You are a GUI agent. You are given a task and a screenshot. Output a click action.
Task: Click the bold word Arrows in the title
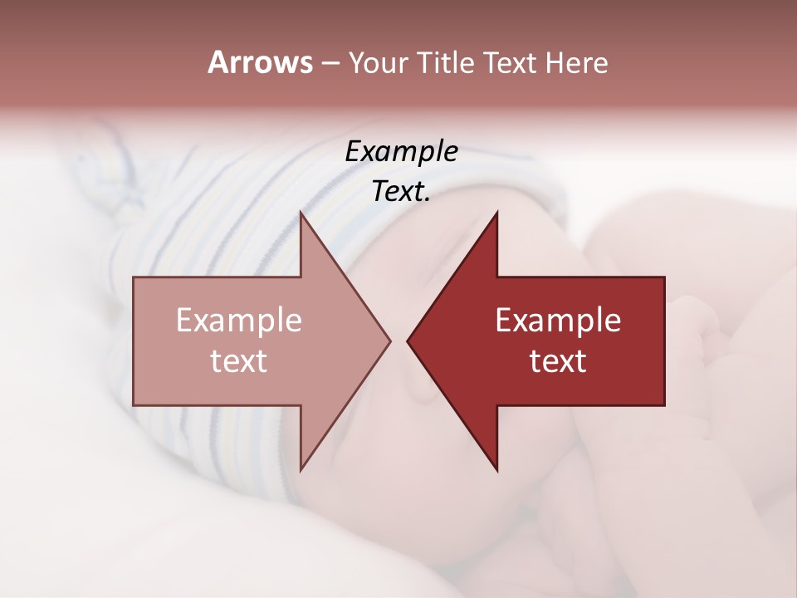pos(260,62)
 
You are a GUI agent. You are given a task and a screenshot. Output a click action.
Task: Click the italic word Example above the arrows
pos(401,152)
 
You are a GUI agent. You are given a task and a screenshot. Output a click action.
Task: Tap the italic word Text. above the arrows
pos(401,192)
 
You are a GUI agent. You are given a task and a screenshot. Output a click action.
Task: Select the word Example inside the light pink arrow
pos(239,321)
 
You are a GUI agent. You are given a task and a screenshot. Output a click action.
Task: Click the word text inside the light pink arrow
pos(239,361)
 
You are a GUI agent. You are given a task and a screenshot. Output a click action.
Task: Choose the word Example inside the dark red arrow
pos(558,321)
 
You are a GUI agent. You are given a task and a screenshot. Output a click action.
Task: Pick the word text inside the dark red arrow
pos(558,361)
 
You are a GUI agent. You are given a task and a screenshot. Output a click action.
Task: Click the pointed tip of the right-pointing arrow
pos(390,341)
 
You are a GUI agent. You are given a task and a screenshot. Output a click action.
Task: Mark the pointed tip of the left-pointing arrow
pos(408,341)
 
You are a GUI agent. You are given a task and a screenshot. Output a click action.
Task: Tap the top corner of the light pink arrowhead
pos(301,213)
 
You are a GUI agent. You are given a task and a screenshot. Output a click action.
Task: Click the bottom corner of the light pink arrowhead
pos(301,470)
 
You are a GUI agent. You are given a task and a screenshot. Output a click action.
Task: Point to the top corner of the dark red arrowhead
pos(496,213)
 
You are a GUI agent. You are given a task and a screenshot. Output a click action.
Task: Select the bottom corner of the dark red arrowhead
pos(496,470)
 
